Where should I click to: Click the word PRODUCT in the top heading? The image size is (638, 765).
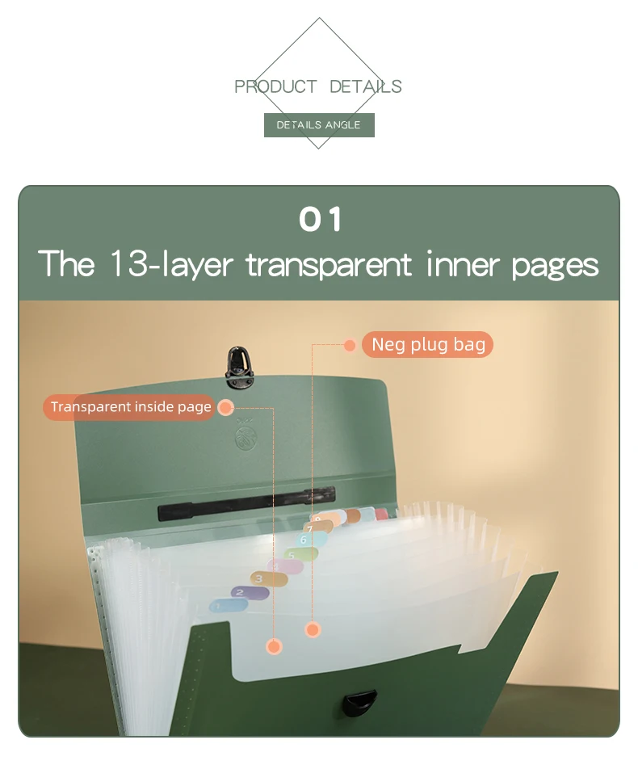pos(275,87)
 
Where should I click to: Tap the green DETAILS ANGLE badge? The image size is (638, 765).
pos(319,125)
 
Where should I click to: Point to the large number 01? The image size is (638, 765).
pos(320,219)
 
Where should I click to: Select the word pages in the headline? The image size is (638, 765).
pos(555,267)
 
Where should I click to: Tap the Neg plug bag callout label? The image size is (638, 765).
pos(428,344)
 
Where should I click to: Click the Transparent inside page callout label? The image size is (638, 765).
pos(130,407)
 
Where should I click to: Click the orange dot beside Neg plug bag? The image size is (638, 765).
pos(350,346)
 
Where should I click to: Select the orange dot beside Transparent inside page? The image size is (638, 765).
pos(225,407)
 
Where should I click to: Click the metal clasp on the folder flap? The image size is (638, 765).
pos(239,367)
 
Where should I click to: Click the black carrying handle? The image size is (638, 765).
pos(246,503)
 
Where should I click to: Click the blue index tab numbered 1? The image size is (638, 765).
pos(228,606)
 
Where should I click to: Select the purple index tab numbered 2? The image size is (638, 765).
pos(250,593)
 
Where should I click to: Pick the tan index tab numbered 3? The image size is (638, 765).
pos(269,578)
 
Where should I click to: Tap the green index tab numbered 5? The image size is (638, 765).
pos(301,555)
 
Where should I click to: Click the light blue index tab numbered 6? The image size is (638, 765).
pos(313,539)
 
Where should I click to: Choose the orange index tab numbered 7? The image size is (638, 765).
pos(318,528)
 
